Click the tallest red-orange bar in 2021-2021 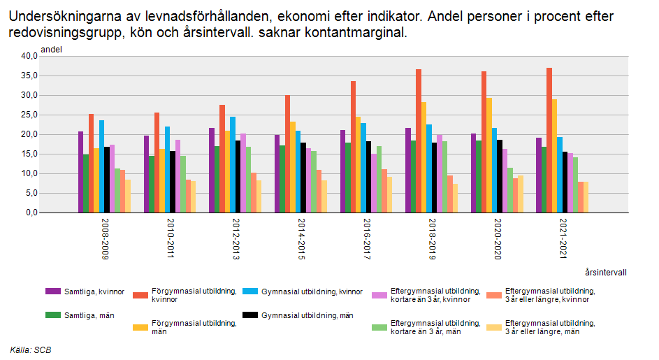[549, 140]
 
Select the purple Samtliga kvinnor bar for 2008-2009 [81, 172]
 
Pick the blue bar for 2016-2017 [363, 168]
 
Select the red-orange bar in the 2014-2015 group [287, 154]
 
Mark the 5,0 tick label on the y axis [29, 194]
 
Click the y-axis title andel [52, 50]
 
